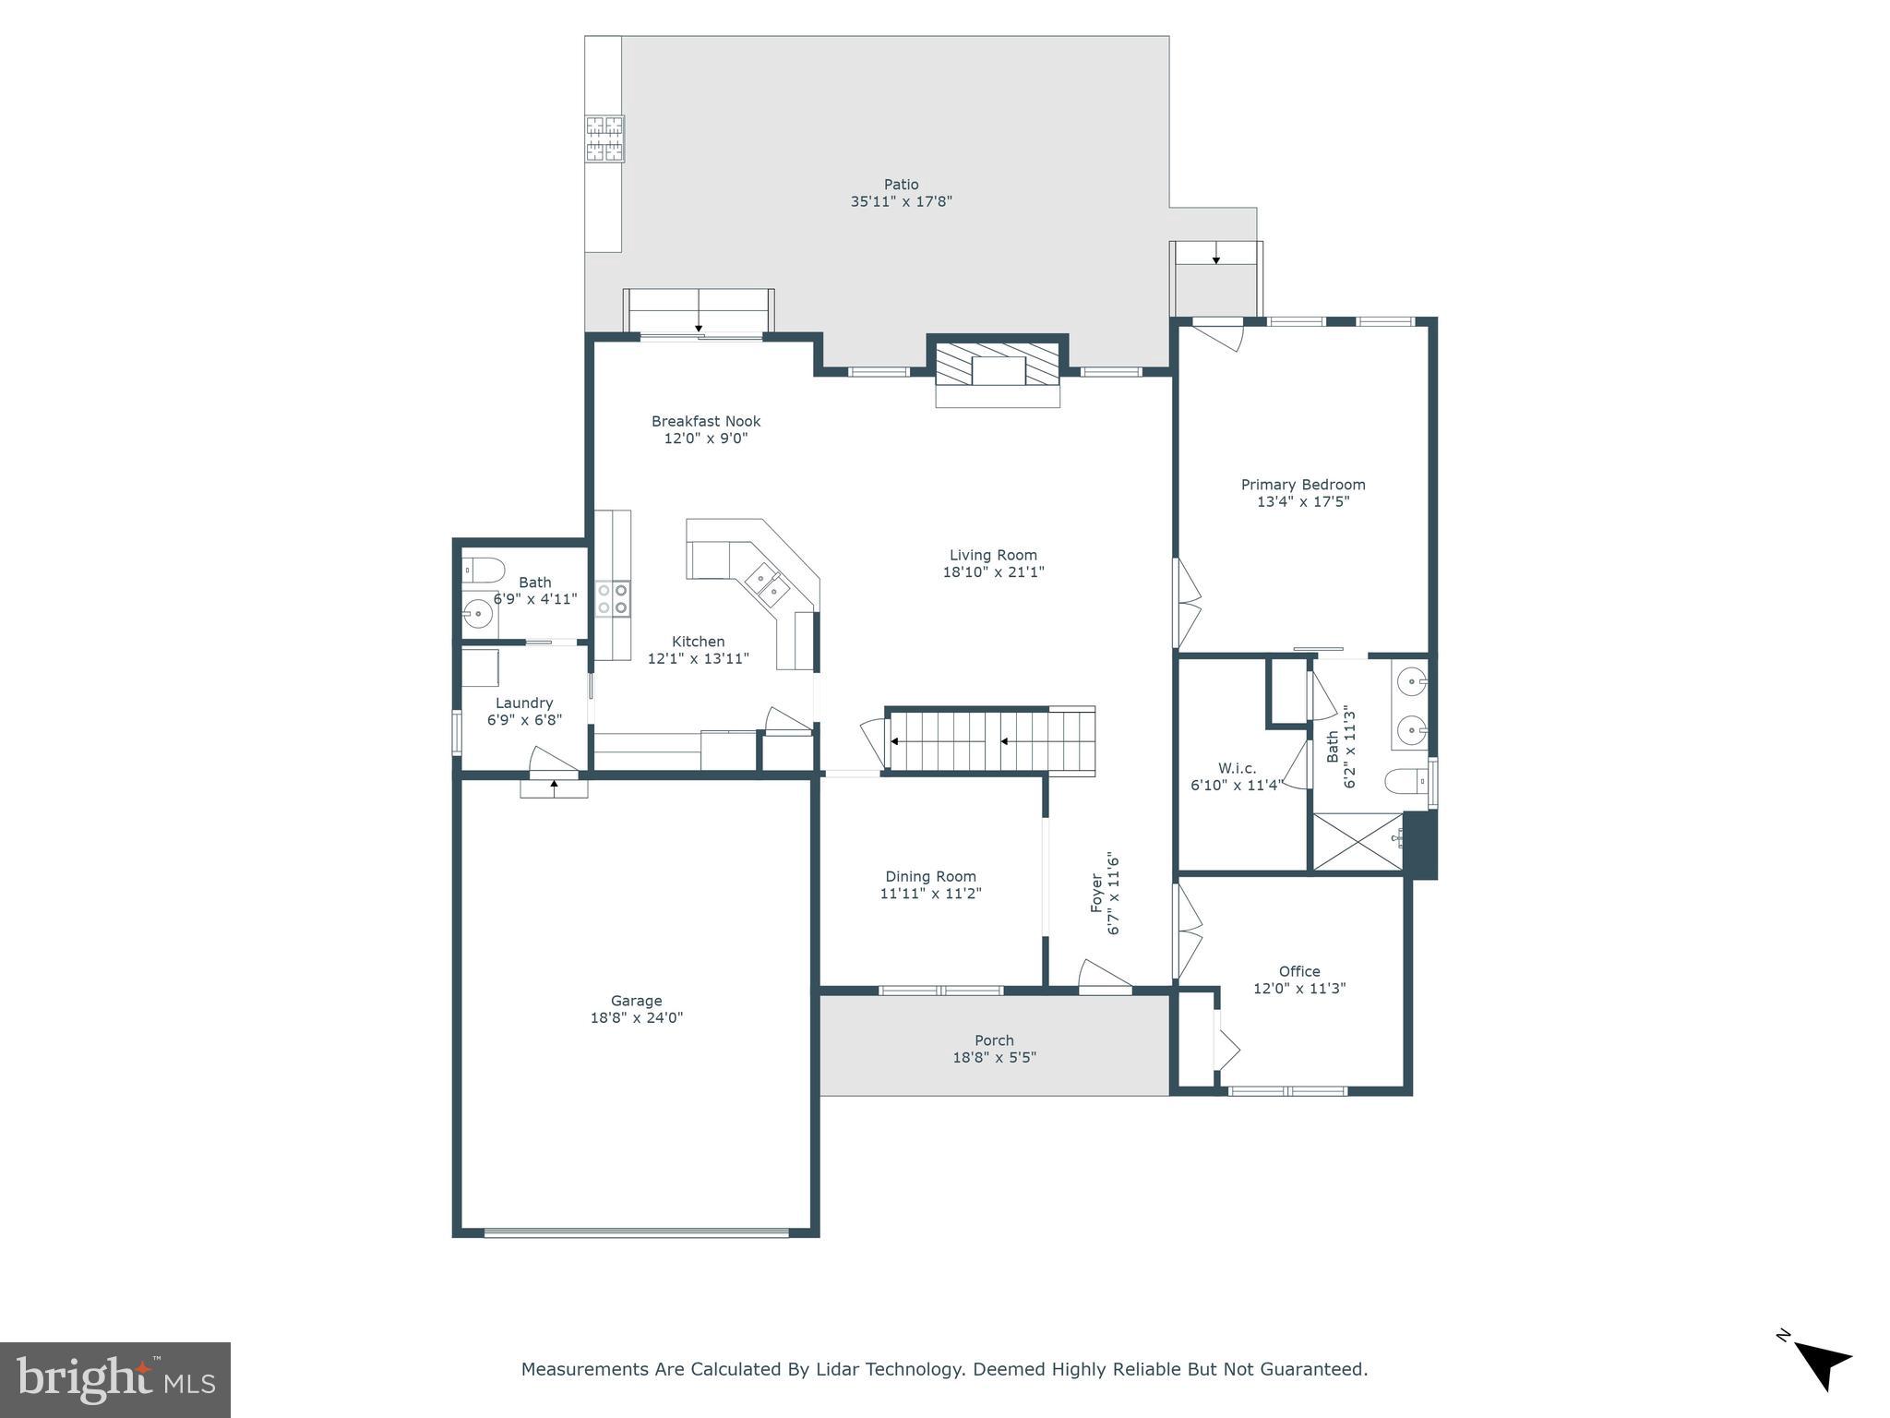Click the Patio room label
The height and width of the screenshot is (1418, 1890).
(901, 185)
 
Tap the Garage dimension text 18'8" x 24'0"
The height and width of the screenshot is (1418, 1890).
(636, 1018)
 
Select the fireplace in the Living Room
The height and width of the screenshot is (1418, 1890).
(998, 371)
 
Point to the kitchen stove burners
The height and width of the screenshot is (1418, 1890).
(612, 597)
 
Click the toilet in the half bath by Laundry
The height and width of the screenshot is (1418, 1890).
(482, 570)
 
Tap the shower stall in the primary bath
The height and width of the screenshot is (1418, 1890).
(1357, 841)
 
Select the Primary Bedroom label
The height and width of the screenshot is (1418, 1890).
(1302, 485)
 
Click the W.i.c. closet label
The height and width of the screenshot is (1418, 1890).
(1237, 768)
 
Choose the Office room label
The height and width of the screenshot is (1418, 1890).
(1298, 971)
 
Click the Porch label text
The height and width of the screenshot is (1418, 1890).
(994, 1040)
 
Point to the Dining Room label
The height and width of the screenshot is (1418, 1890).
(930, 877)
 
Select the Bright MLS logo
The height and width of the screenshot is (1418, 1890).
(115, 1380)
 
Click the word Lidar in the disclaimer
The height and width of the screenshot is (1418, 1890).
(841, 1369)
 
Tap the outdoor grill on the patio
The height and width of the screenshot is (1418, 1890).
(604, 138)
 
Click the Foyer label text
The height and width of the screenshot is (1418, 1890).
(1097, 894)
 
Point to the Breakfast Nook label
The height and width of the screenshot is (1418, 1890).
(706, 422)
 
